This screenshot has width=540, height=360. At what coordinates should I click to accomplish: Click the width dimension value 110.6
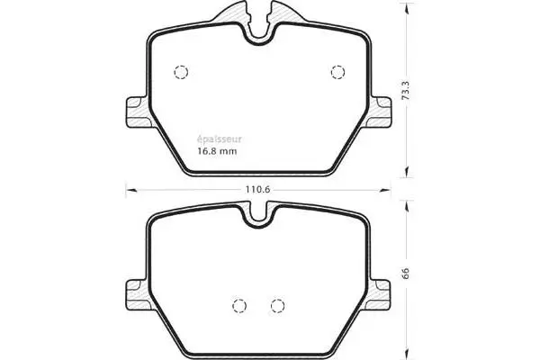[258, 190]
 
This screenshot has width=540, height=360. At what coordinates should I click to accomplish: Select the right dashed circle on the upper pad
[338, 72]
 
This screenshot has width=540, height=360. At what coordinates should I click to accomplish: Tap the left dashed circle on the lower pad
[239, 304]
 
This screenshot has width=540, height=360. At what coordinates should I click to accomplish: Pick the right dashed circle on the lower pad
[278, 304]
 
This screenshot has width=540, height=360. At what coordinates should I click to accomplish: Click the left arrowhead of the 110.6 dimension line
[127, 189]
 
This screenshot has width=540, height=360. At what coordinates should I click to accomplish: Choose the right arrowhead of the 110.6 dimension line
[391, 189]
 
